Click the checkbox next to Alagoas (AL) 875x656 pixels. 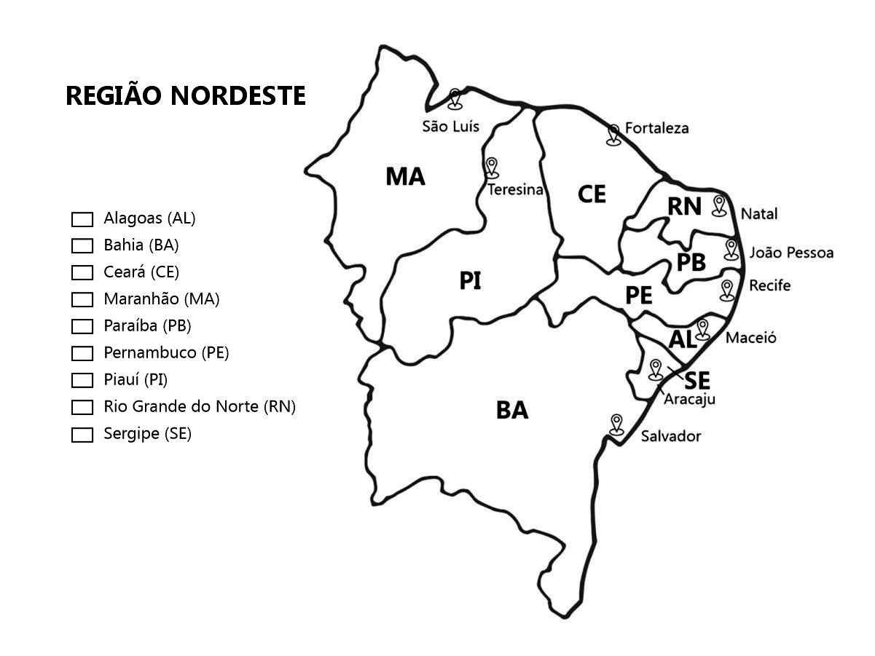[x=82, y=218]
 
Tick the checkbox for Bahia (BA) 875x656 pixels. [x=82, y=245]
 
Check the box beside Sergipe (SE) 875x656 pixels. [x=82, y=435]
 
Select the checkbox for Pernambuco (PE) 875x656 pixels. [x=82, y=353]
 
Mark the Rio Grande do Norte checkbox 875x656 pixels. [x=82, y=407]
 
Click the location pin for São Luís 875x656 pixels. [x=456, y=98]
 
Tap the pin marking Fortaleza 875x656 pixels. [x=613, y=133]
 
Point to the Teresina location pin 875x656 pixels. [x=492, y=167]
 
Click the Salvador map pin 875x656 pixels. [x=617, y=423]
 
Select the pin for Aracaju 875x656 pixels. [x=655, y=368]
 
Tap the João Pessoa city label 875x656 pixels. [x=790, y=253]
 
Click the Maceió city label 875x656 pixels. [x=750, y=338]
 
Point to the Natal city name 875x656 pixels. [x=758, y=214]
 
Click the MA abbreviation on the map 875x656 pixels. [x=405, y=176]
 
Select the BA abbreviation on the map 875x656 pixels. [x=512, y=411]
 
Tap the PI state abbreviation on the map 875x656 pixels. [x=470, y=281]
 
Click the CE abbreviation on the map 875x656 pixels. [x=592, y=194]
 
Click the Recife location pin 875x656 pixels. [x=726, y=289]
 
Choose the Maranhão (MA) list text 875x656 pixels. [x=161, y=299]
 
